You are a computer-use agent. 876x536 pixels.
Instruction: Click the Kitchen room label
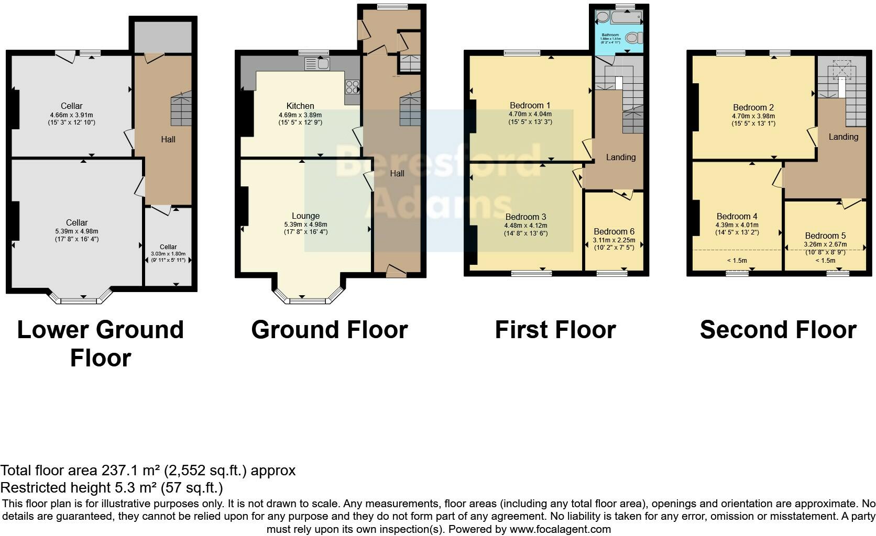pos(300,106)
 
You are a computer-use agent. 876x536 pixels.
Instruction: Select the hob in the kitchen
pos(352,86)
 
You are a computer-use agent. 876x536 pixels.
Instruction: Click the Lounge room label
pos(305,216)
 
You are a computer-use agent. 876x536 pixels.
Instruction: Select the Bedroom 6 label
pos(614,231)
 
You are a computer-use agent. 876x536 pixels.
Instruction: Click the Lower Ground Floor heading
pos(100,343)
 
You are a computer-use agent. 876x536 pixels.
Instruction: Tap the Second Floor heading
pos(778,330)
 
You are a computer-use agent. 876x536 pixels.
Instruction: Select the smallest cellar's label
pos(168,247)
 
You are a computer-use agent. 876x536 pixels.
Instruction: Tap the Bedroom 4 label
pos(737,216)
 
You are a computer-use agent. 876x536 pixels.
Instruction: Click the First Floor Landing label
pos(620,157)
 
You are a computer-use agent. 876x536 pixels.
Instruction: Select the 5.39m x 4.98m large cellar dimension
pos(76,231)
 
